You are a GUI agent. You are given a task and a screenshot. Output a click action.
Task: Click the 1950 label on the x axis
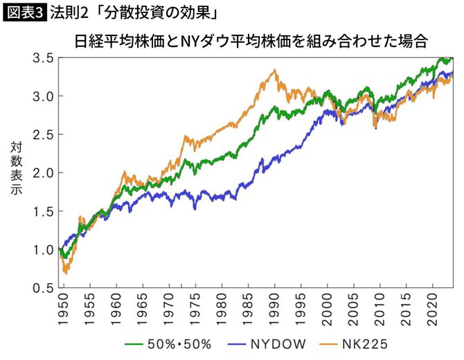[x=62, y=310]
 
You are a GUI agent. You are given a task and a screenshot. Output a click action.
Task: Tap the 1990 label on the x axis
[x=275, y=310]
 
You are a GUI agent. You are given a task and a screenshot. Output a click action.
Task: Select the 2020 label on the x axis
[x=434, y=310]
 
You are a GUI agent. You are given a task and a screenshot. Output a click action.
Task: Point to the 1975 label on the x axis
[x=195, y=310]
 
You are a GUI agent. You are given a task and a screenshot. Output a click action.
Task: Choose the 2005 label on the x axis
[x=354, y=310]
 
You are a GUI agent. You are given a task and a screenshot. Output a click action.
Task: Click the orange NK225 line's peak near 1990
[x=275, y=70]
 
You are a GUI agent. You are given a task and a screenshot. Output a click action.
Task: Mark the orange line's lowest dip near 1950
[x=65, y=273]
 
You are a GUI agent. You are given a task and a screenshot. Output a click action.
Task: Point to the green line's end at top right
[x=452, y=59]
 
